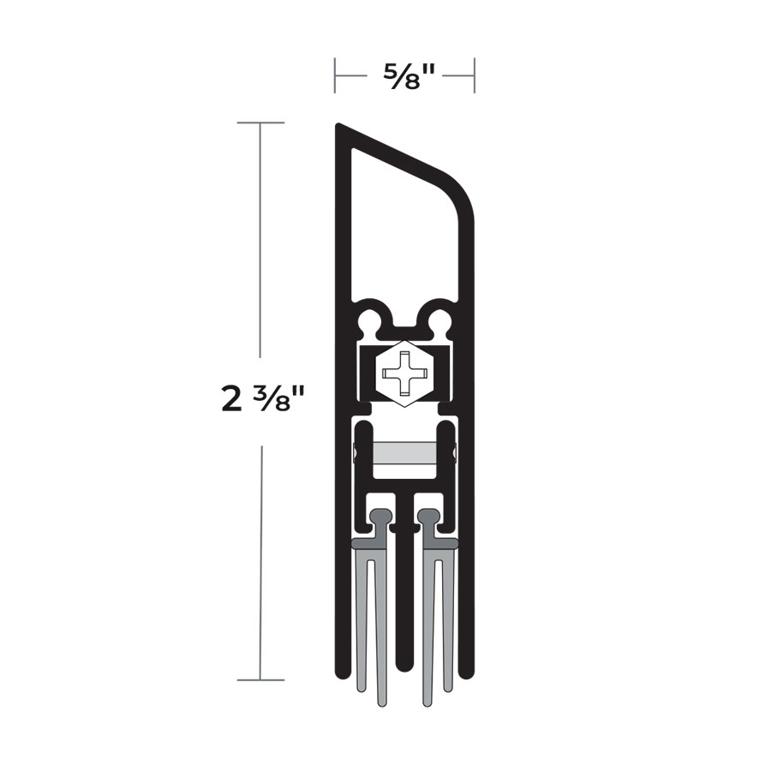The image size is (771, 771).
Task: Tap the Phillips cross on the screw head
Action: pos(403,374)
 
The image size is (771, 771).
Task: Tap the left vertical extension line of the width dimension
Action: pos(335,75)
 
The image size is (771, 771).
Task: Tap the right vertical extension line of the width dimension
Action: pos(475,75)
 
